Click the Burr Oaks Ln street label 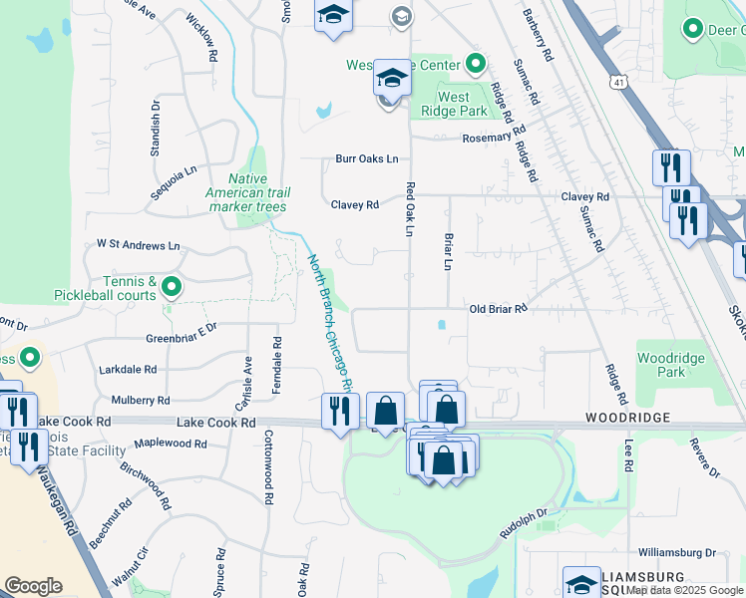(x=366, y=158)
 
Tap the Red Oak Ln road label (x=409, y=209)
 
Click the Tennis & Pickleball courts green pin (x=172, y=288)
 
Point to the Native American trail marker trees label (x=247, y=192)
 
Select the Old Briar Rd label (x=498, y=309)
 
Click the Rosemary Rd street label (x=487, y=138)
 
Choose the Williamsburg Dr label (x=677, y=551)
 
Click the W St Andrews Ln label (x=138, y=244)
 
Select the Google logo (x=33, y=586)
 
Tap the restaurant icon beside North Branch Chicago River (x=340, y=410)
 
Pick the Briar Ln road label (x=448, y=252)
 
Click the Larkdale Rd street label (x=128, y=369)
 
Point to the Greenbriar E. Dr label (x=182, y=338)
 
